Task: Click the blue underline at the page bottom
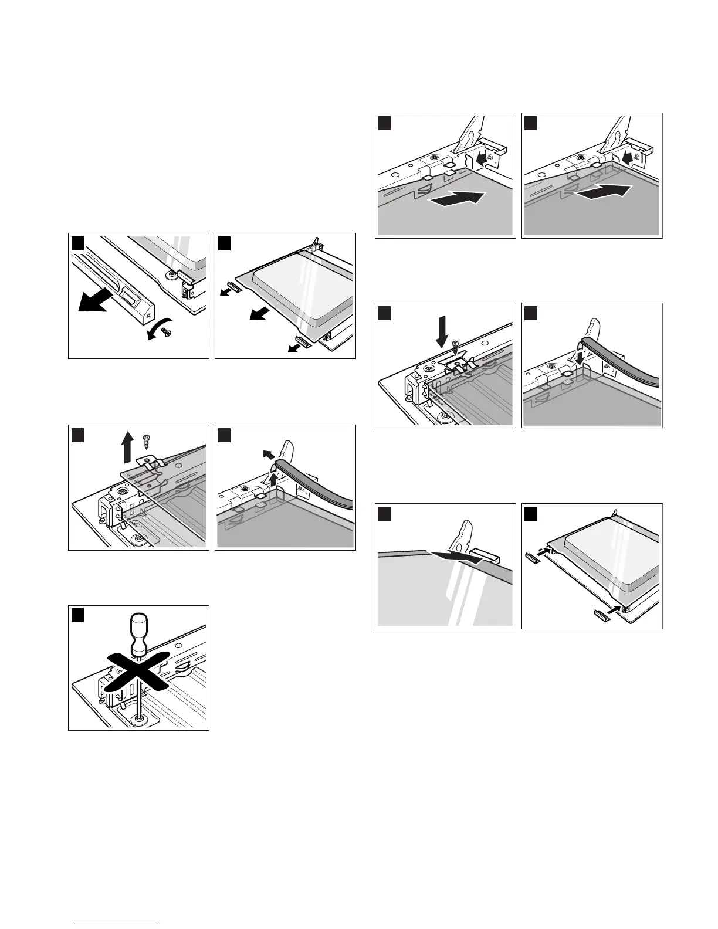coord(116,924)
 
